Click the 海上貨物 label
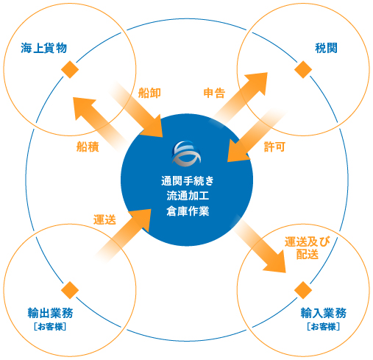(43, 48)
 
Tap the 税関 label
(326, 48)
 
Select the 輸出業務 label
(50, 313)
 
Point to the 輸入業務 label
(324, 313)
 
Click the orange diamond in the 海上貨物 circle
(70, 69)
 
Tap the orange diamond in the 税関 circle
(303, 69)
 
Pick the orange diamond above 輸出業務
(70, 290)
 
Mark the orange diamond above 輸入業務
(303, 290)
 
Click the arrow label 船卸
(149, 93)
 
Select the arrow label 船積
(88, 147)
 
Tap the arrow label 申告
(214, 93)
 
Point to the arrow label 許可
(274, 147)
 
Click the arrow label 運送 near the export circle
(104, 219)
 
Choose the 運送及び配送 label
(308, 248)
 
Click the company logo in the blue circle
(186, 153)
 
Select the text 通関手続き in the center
(188, 181)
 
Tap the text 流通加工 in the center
(188, 196)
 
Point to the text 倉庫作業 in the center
(188, 211)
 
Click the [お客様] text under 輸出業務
(50, 327)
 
